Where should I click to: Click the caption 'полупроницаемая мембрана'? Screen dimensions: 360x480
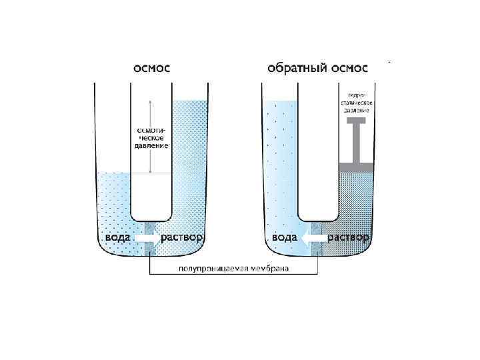click(x=233, y=269)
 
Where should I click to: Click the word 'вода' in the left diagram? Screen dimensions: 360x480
click(x=117, y=237)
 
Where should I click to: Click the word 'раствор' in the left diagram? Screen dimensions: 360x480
click(x=181, y=237)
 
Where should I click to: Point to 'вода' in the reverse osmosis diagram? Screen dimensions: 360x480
click(x=284, y=237)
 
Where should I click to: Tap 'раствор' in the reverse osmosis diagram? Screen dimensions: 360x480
click(x=347, y=237)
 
